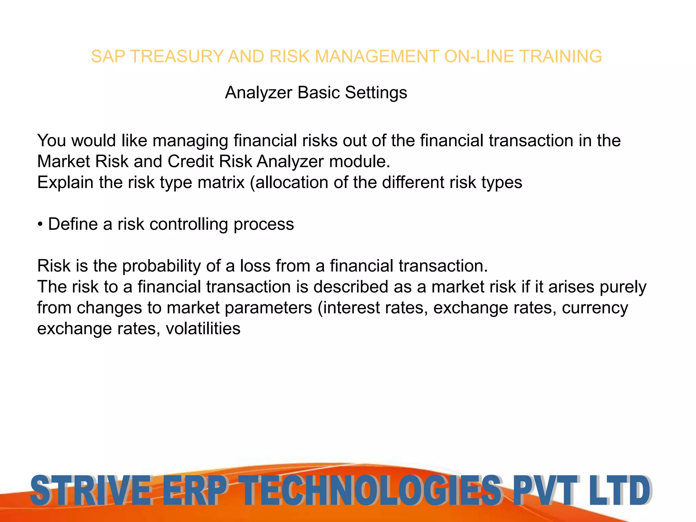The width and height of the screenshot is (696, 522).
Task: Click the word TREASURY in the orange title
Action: pyautogui.click(x=177, y=56)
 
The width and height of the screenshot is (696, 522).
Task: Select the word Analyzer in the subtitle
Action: pyautogui.click(x=259, y=92)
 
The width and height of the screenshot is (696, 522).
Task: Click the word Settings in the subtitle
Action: pyautogui.click(x=376, y=92)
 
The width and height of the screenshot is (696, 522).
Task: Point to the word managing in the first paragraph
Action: pyautogui.click(x=190, y=141)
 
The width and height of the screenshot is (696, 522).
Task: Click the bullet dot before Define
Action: pyautogui.click(x=40, y=225)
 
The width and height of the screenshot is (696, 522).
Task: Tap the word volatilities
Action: pyautogui.click(x=203, y=329)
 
